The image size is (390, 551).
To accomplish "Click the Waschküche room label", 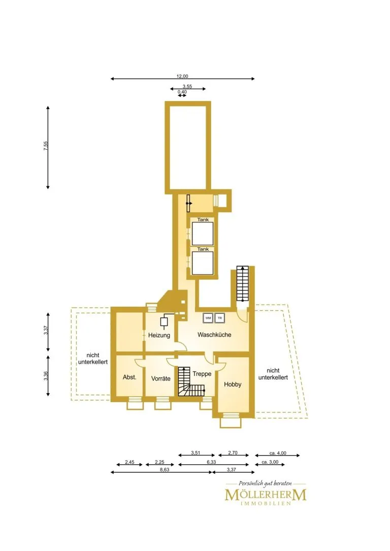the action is point(214,335).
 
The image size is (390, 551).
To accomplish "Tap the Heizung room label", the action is point(159,336).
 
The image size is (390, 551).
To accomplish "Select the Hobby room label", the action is point(233,384).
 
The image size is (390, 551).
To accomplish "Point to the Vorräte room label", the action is point(161,378).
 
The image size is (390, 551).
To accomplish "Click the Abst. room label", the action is point(129,377).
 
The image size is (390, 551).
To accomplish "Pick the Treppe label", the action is point(202,374).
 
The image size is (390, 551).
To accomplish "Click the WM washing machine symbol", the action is point(208,318).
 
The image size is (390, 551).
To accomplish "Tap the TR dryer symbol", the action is point(220,318).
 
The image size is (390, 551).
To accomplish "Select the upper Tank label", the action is point(203,219).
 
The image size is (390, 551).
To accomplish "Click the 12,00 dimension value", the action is point(182,76).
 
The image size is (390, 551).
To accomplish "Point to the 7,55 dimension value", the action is point(45,146).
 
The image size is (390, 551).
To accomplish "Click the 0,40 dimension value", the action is point(182,92).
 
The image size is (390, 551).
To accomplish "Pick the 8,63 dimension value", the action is point(165,469).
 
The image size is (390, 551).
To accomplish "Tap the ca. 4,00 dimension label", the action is point(278,453).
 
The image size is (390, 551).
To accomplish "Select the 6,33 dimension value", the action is point(212,462).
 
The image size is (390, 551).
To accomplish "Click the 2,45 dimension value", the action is point(129,462).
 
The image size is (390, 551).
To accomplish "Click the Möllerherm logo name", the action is point(266,495).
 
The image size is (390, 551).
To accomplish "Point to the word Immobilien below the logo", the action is point(266,504).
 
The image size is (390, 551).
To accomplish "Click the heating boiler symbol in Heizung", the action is point(164,322).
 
